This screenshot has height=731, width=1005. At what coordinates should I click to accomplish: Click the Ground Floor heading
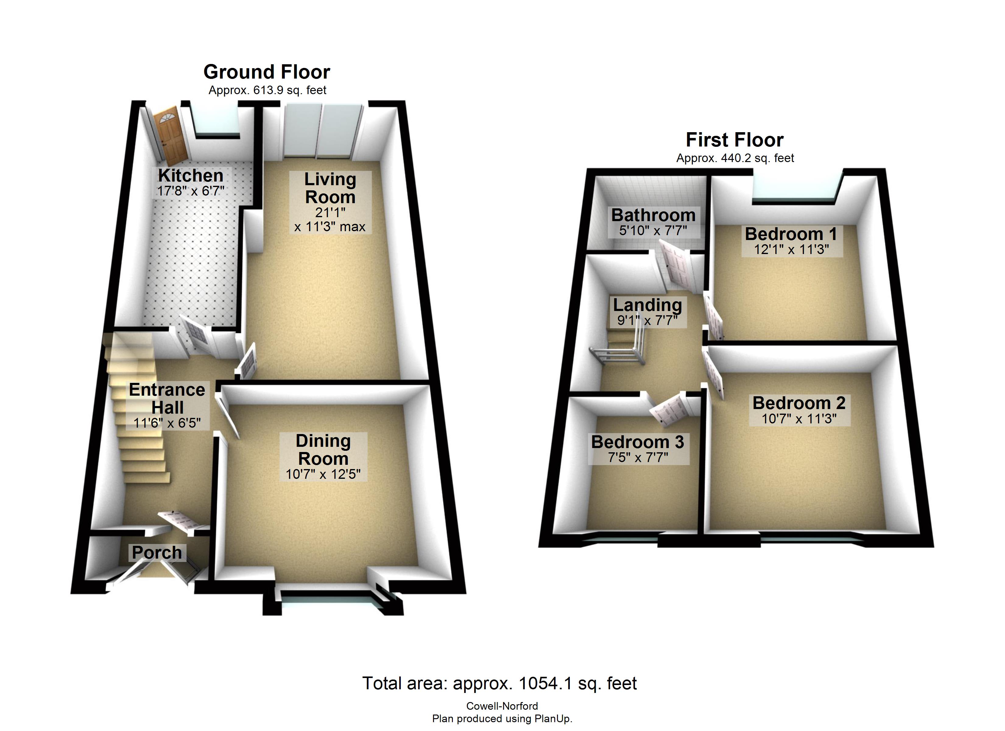[267, 72]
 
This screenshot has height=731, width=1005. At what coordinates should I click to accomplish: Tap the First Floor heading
[735, 140]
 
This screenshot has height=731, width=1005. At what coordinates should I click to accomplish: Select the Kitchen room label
[191, 175]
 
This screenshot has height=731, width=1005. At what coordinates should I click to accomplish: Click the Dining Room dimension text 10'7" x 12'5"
[323, 474]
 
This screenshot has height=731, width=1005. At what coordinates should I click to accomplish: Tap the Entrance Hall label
[167, 398]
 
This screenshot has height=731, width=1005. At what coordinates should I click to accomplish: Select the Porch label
[157, 552]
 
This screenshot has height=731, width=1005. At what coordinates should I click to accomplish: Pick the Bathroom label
[653, 215]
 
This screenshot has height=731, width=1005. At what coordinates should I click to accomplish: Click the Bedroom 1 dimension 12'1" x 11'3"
[792, 249]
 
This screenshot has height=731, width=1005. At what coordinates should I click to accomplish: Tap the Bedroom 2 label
[799, 403]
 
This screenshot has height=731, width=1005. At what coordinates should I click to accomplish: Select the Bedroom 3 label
[638, 442]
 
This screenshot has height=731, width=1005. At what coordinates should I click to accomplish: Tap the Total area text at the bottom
[499, 683]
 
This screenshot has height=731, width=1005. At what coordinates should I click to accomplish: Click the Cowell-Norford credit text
[502, 706]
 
